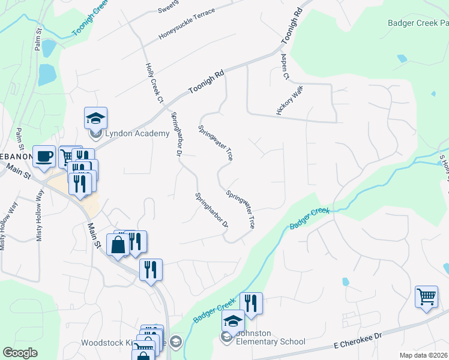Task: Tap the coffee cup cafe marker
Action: point(44,157)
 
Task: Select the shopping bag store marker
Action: point(117,245)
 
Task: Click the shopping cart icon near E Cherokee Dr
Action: point(426,296)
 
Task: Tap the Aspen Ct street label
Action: point(285,67)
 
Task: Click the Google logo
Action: point(20,352)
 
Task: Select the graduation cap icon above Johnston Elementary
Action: point(233,321)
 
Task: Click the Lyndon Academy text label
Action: point(137,133)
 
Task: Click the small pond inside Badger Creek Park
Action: point(402,59)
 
